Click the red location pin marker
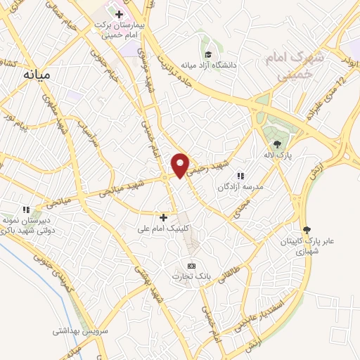181,165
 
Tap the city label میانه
38,73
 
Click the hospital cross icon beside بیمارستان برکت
120,14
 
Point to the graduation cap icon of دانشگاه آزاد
208,55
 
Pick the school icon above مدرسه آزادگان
241,176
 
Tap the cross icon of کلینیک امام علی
164,217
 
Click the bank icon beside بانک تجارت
191,266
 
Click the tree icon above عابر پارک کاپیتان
306,229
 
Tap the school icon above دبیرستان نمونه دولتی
26,210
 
